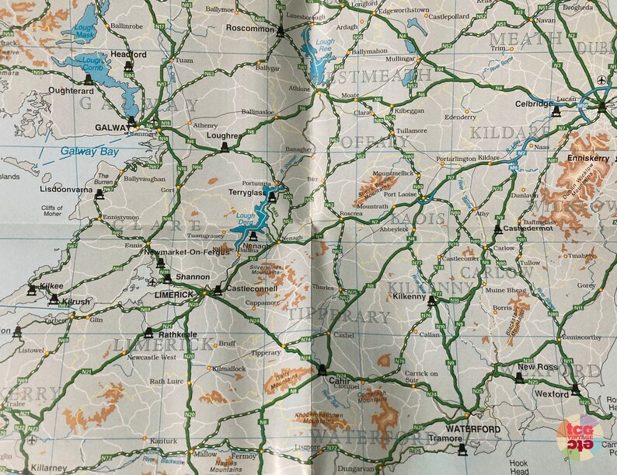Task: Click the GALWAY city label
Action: pos(110,127)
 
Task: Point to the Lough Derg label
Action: pos(246,219)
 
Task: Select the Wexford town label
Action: pos(552,394)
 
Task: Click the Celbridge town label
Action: pos(534,104)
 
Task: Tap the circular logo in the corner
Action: pos(580,436)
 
